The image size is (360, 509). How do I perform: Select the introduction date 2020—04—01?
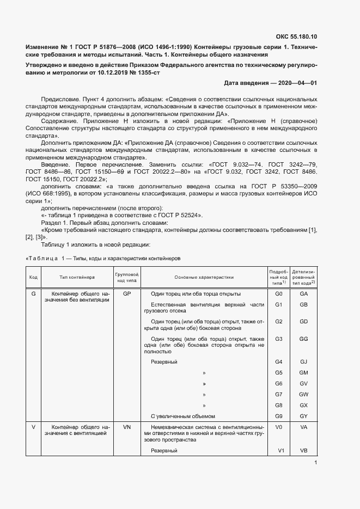(298, 83)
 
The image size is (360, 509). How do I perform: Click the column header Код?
(33, 277)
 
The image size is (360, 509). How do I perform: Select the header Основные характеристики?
(204, 277)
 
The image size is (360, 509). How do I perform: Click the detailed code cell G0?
(278, 293)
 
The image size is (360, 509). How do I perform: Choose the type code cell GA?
(304, 293)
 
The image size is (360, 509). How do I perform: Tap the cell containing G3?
(278, 339)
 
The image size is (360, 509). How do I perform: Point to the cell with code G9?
(278, 416)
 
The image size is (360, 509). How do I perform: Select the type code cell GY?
(304, 416)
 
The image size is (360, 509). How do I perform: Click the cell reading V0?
(278, 427)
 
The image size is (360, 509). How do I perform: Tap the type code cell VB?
(304, 451)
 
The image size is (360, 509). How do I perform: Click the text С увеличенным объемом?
(179, 416)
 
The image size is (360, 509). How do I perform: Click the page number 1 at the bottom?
(315, 463)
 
